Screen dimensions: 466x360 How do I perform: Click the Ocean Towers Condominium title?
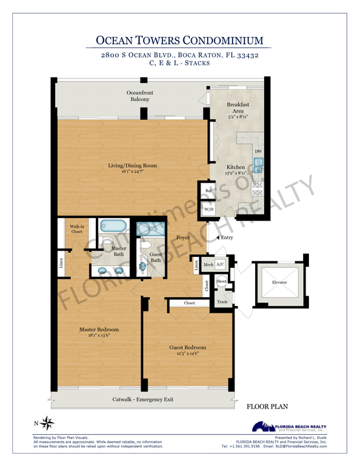click(x=179, y=40)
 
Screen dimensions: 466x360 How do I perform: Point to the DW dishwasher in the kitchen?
click(x=258, y=152)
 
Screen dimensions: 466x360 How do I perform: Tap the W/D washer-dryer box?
click(x=208, y=210)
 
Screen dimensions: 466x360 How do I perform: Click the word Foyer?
click(x=183, y=238)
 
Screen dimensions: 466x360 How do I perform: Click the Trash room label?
click(x=222, y=302)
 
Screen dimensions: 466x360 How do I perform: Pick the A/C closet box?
click(x=220, y=265)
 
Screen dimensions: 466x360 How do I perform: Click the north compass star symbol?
click(x=47, y=424)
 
